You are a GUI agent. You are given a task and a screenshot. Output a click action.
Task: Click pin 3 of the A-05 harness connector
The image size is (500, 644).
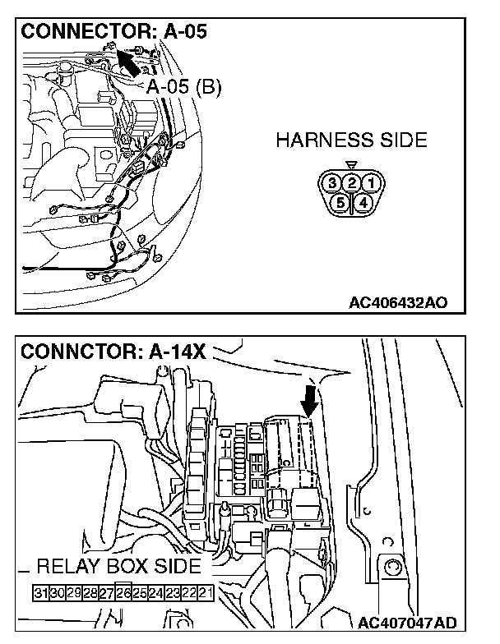pyautogui.click(x=332, y=182)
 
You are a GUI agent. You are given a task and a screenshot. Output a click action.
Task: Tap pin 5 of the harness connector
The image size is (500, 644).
pyautogui.click(x=338, y=200)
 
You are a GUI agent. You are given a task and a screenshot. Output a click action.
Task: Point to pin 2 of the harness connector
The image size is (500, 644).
pyautogui.click(x=351, y=182)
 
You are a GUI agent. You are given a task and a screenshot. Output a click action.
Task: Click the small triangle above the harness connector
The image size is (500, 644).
pyautogui.click(x=351, y=165)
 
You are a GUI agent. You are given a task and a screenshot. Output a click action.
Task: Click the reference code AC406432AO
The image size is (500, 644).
pyautogui.click(x=398, y=302)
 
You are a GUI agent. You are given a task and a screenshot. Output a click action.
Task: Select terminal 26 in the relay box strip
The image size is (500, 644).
pyautogui.click(x=123, y=592)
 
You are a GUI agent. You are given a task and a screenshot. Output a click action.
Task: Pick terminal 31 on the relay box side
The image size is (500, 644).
pyautogui.click(x=41, y=592)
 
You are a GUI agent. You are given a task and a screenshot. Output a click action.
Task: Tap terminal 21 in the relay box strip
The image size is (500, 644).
pyautogui.click(x=206, y=592)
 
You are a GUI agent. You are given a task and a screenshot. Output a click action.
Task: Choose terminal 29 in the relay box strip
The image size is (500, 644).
pyautogui.click(x=74, y=592)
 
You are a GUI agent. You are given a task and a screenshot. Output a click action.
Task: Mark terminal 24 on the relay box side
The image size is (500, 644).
pyautogui.click(x=156, y=592)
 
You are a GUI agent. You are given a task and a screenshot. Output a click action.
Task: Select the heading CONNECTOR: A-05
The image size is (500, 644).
pyautogui.click(x=113, y=32)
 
